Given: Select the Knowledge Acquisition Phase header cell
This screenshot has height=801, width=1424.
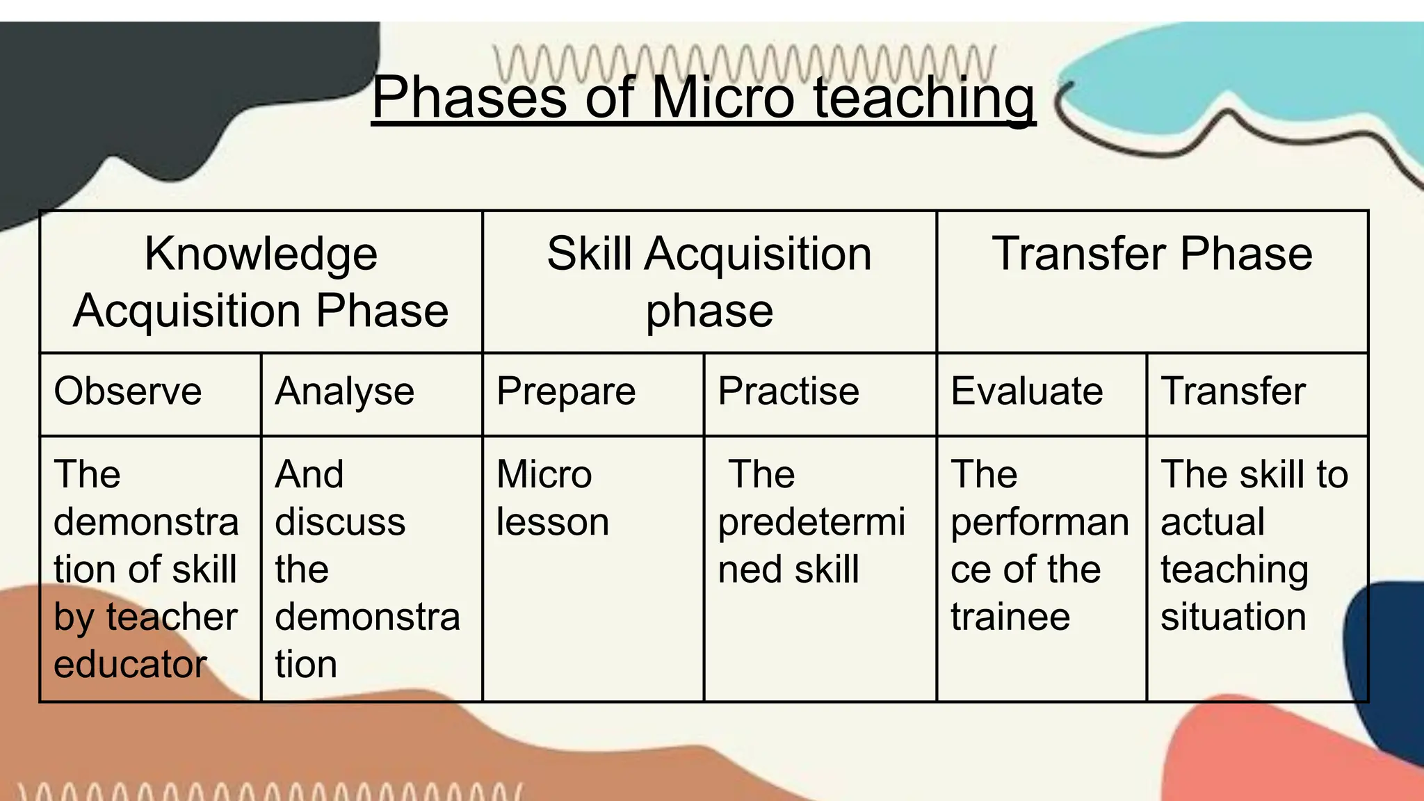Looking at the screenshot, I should tap(261, 282).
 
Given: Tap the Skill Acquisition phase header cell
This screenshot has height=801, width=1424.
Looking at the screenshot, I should tap(709, 282).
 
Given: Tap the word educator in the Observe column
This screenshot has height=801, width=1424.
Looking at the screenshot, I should tap(130, 664).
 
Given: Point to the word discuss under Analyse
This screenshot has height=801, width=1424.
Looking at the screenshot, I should tap(340, 521).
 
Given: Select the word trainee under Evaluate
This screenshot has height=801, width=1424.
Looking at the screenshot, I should tap(1010, 617).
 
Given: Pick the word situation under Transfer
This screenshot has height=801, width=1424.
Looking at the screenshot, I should tap(1233, 617).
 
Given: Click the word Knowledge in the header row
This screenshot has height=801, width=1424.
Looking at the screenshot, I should tap(261, 254).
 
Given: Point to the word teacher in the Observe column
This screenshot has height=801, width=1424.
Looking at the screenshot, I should tap(172, 617).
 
